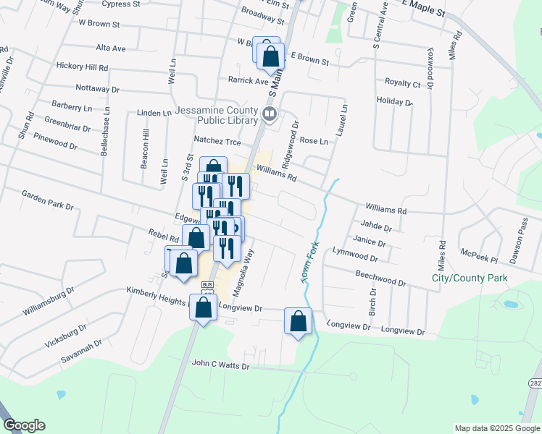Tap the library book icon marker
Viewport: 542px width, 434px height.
click(270, 114)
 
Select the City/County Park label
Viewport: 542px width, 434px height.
click(469, 278)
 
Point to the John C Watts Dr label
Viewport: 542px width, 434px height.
click(220, 366)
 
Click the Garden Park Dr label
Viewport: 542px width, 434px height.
click(48, 200)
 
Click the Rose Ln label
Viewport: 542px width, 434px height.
click(314, 141)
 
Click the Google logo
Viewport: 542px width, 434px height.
click(24, 426)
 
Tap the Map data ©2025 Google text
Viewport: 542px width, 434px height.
click(497, 428)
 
